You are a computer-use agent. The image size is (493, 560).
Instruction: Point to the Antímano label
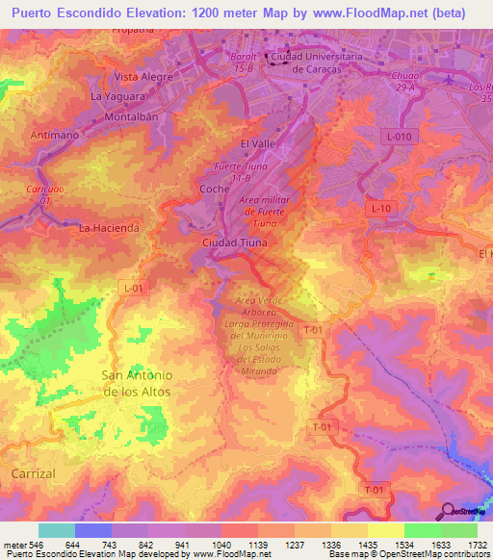point(55,134)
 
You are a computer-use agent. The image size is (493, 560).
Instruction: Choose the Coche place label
point(214,189)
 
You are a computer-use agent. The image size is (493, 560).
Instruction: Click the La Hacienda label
point(109,228)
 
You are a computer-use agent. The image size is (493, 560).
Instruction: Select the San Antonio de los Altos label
point(136,384)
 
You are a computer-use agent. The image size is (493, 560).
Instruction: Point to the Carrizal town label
point(36,474)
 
